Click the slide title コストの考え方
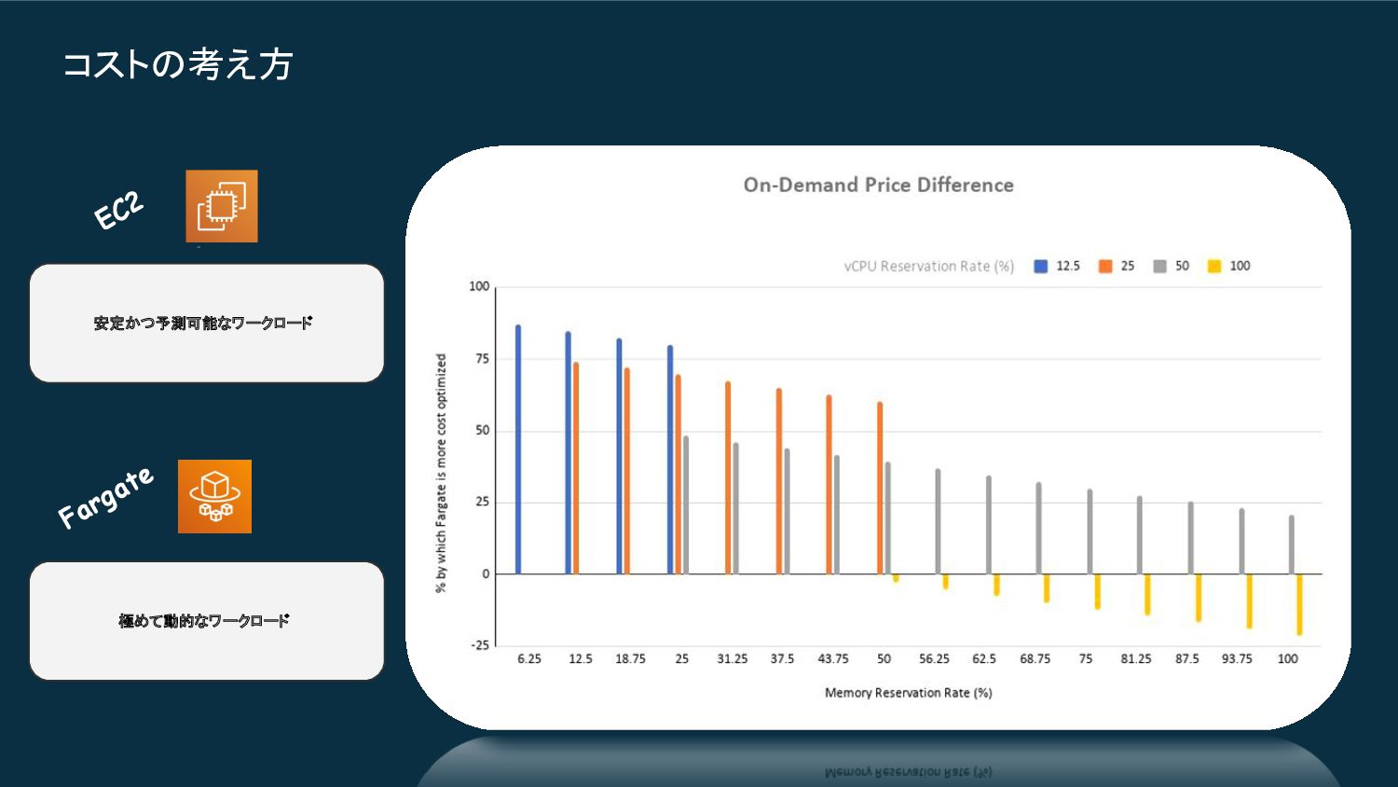pos(178,64)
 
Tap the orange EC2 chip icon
pos(222,206)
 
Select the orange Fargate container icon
pos(215,496)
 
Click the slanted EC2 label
pos(119,210)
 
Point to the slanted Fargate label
pos(104,497)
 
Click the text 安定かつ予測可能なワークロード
pos(203,324)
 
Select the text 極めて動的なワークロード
pos(204,621)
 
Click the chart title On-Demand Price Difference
pos(878,185)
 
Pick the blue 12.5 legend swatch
pos(1041,267)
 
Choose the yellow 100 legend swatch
pos(1213,267)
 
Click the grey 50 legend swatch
pos(1159,267)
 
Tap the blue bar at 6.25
pos(518,449)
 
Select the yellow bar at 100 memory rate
pos(1299,604)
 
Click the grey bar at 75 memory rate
pos(1090,532)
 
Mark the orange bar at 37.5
pos(779,481)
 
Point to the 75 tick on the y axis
pos(482,359)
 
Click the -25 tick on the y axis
pos(479,645)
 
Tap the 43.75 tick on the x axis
pos(833,659)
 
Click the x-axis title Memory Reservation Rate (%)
pos(908,693)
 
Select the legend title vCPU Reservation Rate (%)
pos(928,267)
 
